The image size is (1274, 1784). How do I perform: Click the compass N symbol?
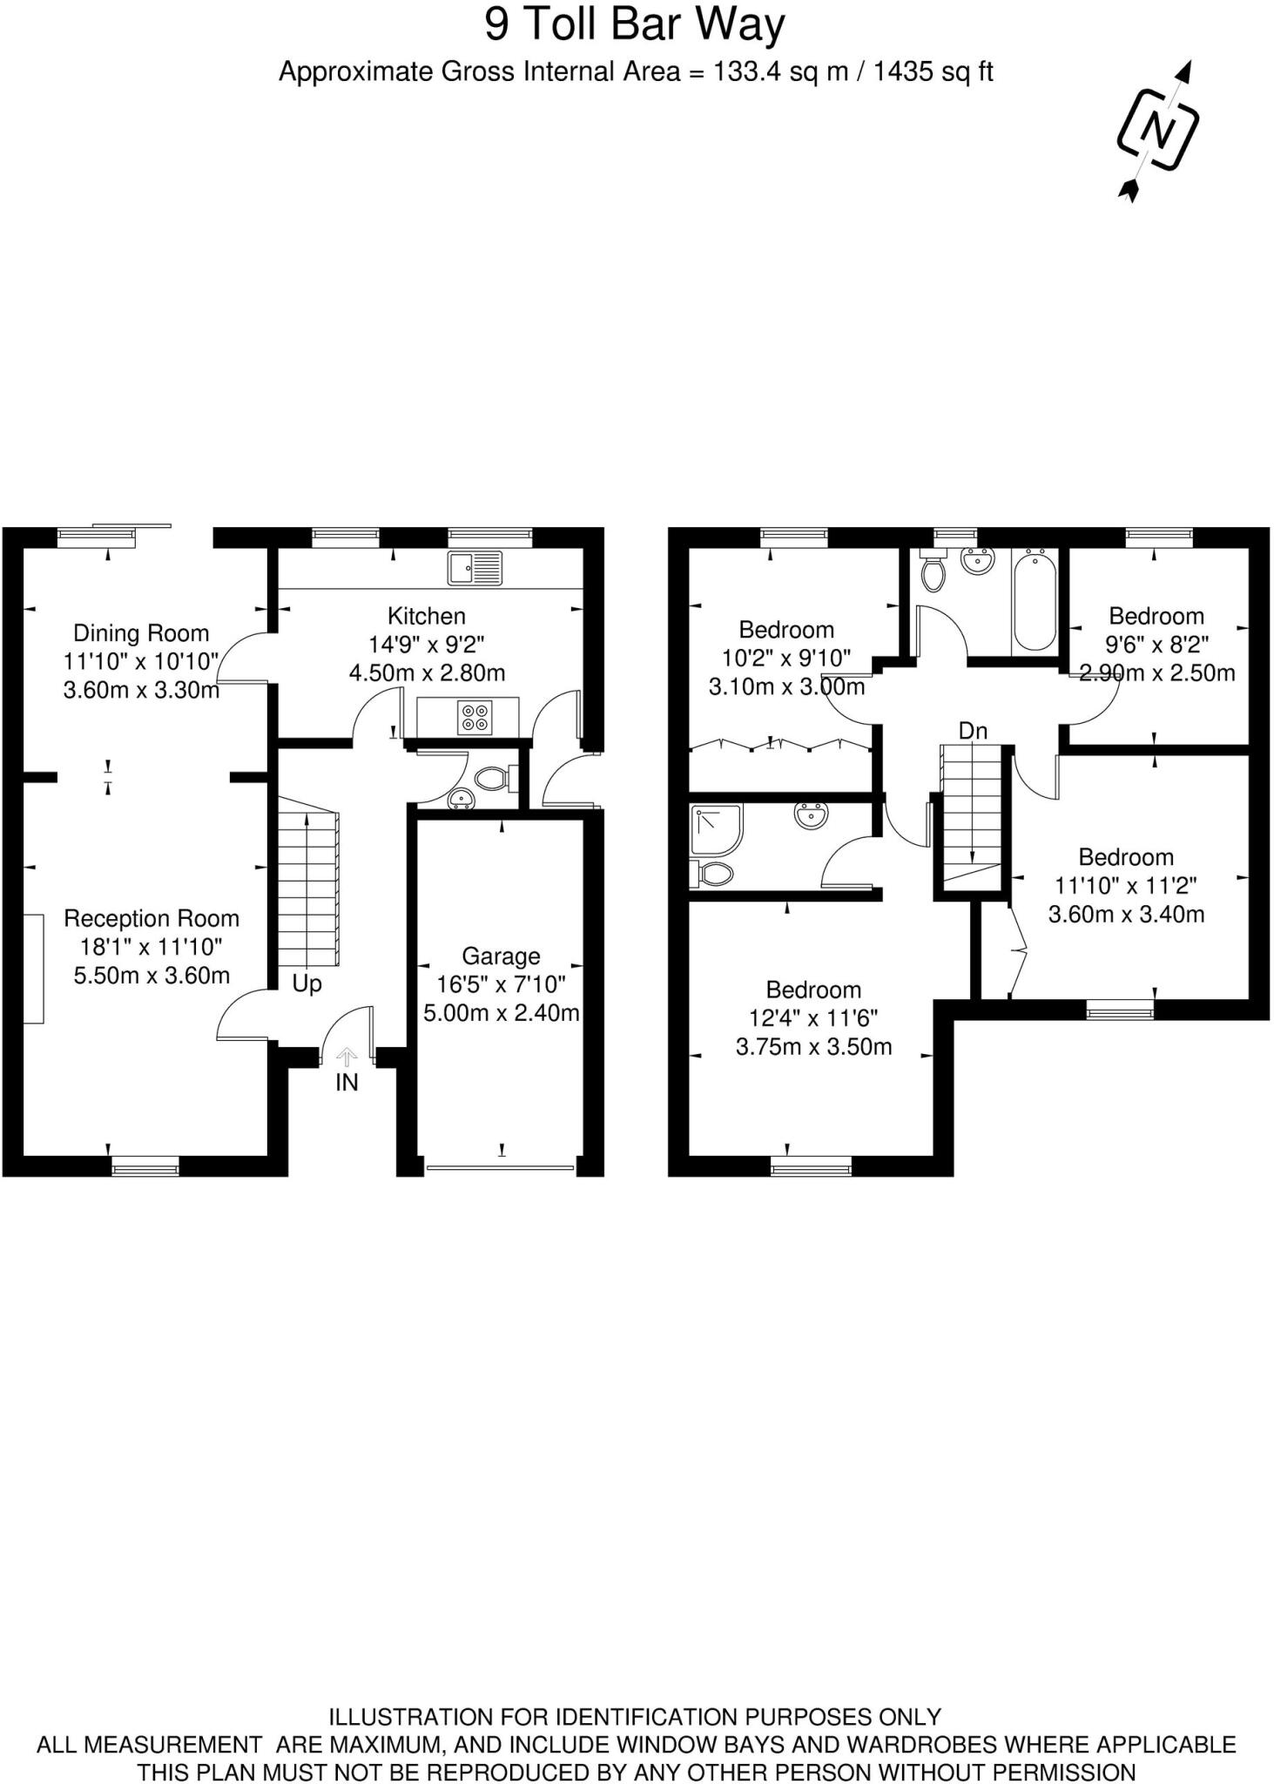tap(1157, 132)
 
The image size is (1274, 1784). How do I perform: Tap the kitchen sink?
tap(475, 568)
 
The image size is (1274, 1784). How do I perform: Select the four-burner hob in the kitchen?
tap(475, 716)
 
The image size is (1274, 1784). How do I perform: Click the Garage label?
tap(501, 956)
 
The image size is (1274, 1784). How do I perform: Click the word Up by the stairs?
tap(307, 983)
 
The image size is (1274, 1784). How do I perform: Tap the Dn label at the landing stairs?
tap(973, 730)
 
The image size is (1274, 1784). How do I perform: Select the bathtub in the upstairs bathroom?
tap(1035, 601)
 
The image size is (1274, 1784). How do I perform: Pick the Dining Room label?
tap(141, 633)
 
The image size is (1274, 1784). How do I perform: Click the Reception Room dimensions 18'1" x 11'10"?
tap(152, 947)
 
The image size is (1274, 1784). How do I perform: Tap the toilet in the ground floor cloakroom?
tap(494, 777)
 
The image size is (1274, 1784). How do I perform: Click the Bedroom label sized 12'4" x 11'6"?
tap(813, 990)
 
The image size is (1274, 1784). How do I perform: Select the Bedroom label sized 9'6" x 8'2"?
tap(1156, 616)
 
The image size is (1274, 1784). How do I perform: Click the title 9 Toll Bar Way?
tap(635, 24)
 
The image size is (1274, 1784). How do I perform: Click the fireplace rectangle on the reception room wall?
tap(33, 969)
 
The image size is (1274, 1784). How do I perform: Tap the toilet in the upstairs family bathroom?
tap(933, 574)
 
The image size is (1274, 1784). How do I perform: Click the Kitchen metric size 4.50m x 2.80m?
tap(427, 672)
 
